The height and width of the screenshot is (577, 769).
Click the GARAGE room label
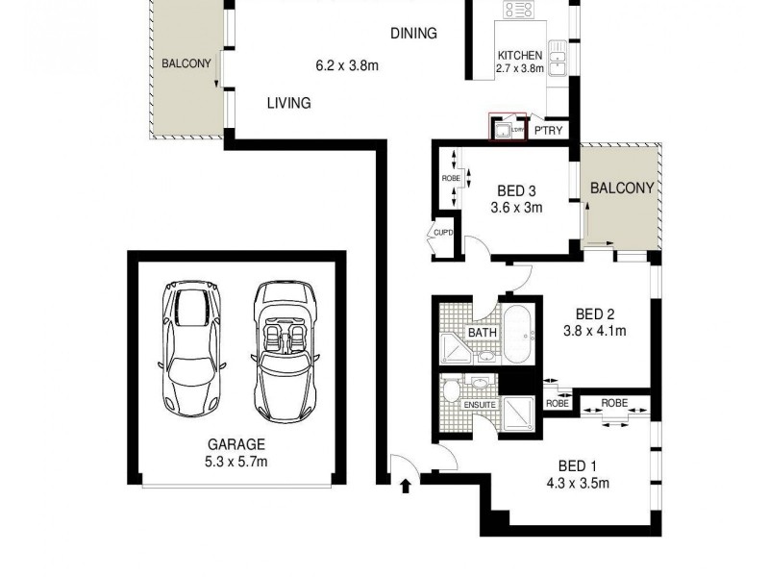(x=236, y=445)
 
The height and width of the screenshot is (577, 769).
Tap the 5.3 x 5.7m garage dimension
(x=236, y=462)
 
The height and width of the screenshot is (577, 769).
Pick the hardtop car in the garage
(x=194, y=342)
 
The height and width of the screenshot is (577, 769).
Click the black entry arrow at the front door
(x=405, y=486)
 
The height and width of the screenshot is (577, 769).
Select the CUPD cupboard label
(x=443, y=233)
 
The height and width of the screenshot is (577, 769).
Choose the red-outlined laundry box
(x=508, y=126)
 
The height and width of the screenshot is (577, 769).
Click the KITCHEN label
(x=520, y=56)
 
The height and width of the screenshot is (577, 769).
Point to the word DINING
(x=413, y=34)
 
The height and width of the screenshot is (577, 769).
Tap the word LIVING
(x=288, y=103)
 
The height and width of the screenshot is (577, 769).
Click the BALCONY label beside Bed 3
(x=622, y=188)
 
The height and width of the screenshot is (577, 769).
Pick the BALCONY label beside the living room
(x=186, y=63)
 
